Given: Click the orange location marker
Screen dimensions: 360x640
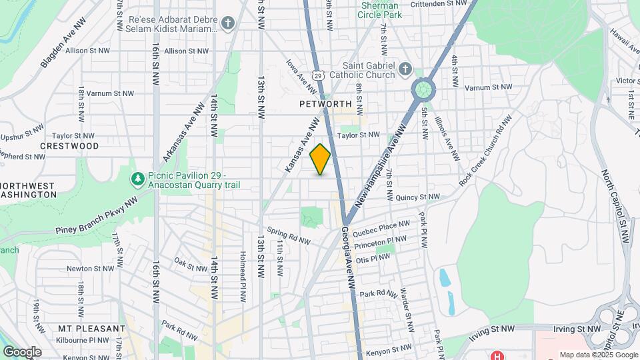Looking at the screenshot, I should [320, 159].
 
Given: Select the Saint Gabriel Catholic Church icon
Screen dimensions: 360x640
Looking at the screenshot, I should [405, 69].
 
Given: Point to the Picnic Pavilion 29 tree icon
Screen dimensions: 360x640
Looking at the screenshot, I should [137, 179].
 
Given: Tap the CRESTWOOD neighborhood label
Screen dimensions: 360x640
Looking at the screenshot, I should [69, 145].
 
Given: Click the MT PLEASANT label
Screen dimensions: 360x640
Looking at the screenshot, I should [91, 329].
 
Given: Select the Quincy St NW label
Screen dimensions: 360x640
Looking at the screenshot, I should [417, 197].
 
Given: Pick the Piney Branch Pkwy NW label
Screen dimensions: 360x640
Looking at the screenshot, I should [96, 216].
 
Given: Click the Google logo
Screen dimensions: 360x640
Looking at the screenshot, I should [22, 351].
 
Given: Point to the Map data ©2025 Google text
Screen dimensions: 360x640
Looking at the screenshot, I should [598, 355].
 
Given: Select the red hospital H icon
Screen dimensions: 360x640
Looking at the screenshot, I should [496, 355].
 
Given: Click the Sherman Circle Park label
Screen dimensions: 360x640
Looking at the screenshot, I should [381, 9].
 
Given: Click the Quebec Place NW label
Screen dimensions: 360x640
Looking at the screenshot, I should [381, 229].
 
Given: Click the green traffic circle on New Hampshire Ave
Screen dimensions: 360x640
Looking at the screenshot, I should [421, 89].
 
